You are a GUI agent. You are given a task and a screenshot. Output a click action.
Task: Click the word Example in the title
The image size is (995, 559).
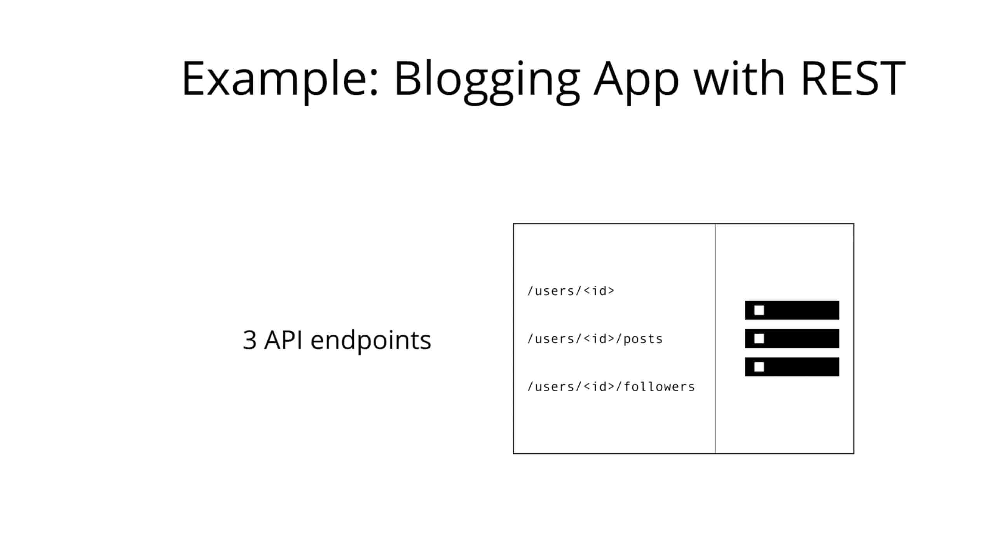click(280, 79)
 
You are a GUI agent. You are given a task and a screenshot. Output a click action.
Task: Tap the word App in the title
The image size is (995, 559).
click(636, 82)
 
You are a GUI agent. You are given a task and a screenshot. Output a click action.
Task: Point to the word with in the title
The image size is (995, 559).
click(740, 78)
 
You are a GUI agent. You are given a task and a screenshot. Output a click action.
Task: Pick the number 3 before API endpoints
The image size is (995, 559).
click(250, 340)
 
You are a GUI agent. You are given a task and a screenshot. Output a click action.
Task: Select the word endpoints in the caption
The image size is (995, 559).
click(371, 341)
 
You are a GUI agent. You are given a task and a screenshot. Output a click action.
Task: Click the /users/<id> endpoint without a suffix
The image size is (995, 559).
click(571, 291)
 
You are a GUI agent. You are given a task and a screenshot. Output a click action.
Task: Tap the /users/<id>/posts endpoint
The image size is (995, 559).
click(595, 339)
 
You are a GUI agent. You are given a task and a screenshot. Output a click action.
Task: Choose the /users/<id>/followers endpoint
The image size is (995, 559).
click(611, 387)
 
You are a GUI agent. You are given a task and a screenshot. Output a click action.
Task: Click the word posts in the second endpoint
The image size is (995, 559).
click(643, 339)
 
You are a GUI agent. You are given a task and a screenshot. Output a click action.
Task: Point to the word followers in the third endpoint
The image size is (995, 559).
click(659, 387)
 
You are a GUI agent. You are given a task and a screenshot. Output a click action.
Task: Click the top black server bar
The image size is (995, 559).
click(792, 310)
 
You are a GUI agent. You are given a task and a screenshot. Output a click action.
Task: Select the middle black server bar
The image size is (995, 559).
click(792, 339)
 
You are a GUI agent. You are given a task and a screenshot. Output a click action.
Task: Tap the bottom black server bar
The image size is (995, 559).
click(792, 367)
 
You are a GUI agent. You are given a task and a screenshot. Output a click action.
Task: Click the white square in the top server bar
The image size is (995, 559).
click(759, 310)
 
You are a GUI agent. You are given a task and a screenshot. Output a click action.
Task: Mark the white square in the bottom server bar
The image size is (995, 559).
click(759, 367)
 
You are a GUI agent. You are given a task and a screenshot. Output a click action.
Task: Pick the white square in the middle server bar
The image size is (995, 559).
click(759, 339)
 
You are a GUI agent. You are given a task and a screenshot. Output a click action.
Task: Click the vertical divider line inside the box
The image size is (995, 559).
click(715, 339)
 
